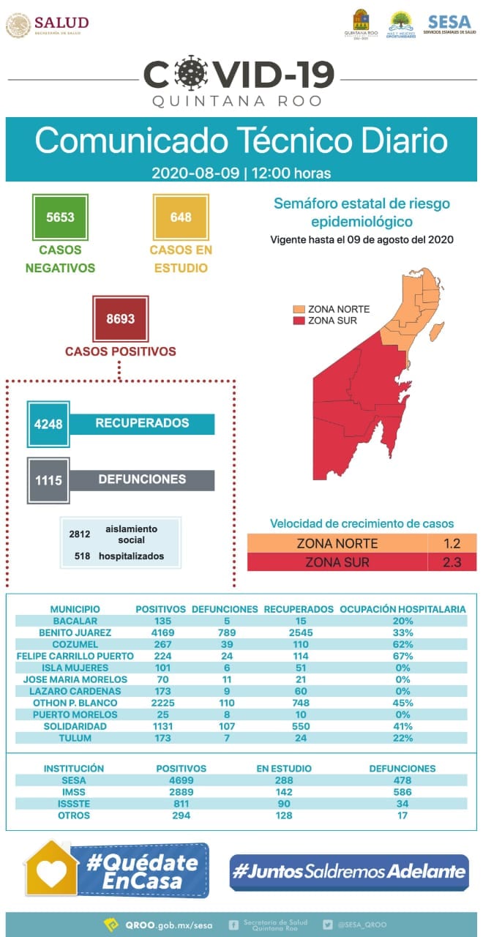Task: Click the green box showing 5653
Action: coord(60,217)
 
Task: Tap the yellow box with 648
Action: coord(181,217)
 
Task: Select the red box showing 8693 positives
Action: coord(121,319)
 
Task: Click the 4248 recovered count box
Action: coord(48,424)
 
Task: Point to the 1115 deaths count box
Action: coord(48,480)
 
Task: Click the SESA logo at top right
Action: coord(449,25)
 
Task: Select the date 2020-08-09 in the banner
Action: coord(196,174)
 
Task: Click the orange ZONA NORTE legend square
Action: coord(299,309)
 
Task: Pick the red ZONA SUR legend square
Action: coord(299,321)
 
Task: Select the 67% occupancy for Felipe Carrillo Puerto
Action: coord(402,656)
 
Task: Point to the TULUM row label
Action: coord(75,738)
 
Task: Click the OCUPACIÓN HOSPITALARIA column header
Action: coord(402,609)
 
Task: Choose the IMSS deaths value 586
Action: coord(402,792)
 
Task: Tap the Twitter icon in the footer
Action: coord(328,925)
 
